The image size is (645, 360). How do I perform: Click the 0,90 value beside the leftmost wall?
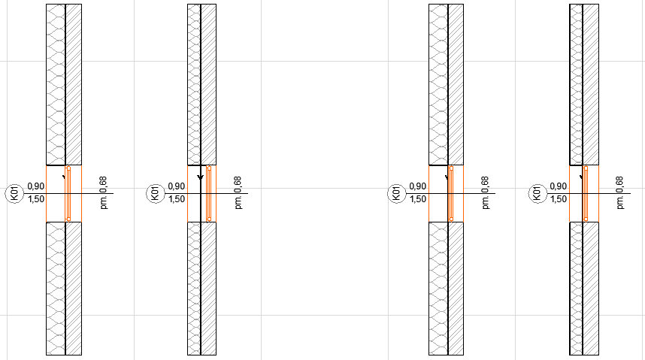[36, 186]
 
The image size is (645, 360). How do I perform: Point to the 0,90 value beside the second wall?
[177, 186]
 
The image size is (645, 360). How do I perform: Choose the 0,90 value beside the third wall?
[418, 186]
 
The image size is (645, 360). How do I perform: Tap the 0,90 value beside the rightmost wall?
[559, 186]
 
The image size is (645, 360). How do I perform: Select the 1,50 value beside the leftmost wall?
[36, 199]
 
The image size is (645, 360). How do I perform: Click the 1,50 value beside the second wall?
[177, 199]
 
